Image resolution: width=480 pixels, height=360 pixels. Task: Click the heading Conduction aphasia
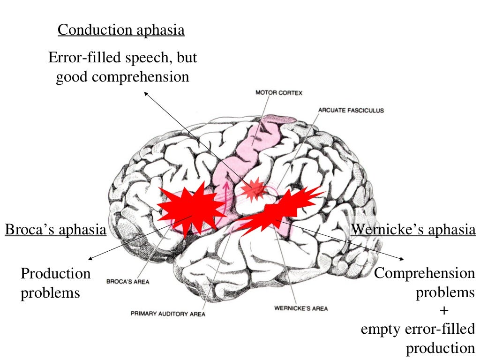coord(121,30)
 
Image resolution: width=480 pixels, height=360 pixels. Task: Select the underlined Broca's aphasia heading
coord(55,230)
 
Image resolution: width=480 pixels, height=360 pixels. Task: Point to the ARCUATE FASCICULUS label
coord(351,111)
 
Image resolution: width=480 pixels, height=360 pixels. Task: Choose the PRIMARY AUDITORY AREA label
coord(168,314)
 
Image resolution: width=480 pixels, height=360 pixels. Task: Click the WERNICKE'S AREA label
coord(300,308)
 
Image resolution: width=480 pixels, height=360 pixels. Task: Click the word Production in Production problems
coord(55,273)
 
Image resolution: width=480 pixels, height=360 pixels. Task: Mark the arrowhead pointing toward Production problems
coord(90,257)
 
